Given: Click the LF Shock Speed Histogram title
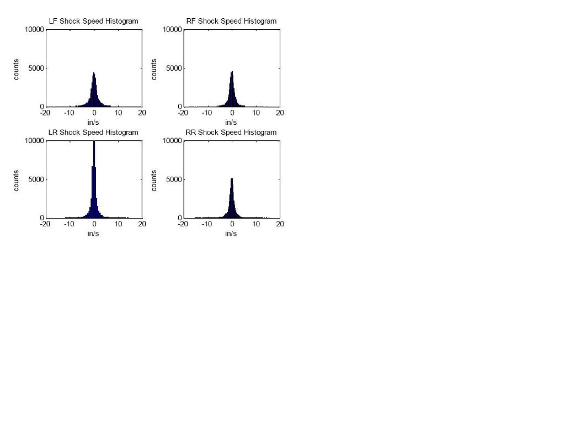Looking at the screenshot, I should click(x=93, y=21).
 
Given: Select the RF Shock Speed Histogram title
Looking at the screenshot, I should click(x=231, y=21).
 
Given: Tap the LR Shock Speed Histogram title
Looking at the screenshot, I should click(x=93, y=132).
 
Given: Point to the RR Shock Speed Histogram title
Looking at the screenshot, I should click(x=231, y=132).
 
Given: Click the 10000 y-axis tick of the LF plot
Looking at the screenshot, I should click(x=34, y=30).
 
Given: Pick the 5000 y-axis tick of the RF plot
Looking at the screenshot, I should click(x=174, y=68).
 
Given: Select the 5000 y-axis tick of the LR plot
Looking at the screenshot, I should click(x=36, y=179).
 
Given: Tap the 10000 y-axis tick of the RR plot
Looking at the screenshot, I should click(x=172, y=141).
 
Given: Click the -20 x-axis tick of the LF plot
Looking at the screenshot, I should click(x=45, y=113).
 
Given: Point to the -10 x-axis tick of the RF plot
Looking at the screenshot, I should click(x=206, y=113).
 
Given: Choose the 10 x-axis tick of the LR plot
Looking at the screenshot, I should click(x=119, y=224).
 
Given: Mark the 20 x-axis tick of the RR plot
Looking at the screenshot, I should click(x=280, y=224).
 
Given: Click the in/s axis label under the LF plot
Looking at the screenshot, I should click(x=93, y=122).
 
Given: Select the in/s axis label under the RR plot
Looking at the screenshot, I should click(x=231, y=234).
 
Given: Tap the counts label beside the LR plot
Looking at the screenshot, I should click(x=16, y=180).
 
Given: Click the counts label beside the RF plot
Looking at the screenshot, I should click(x=154, y=69).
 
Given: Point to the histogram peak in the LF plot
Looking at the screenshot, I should click(x=94, y=73).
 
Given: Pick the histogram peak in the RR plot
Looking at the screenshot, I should click(x=232, y=179).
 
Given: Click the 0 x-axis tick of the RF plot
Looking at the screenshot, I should click(x=232, y=113).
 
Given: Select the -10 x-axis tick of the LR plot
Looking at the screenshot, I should click(x=69, y=224).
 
